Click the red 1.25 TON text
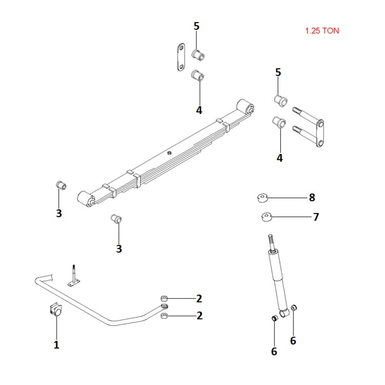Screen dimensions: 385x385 322,31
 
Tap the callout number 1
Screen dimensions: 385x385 57,345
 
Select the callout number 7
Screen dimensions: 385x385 316,217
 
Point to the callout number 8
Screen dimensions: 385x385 312,198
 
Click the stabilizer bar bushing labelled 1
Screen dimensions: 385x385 56,310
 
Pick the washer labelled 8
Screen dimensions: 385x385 263,198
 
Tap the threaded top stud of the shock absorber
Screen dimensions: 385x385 271,242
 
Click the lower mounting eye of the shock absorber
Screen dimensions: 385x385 285,313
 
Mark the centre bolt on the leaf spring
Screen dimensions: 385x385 169,153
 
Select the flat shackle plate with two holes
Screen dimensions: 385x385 180,57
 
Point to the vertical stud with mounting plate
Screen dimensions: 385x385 74,276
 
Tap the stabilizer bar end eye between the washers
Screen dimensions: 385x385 164,307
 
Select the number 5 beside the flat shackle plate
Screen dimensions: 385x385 197,26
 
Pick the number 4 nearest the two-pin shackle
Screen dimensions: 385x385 280,157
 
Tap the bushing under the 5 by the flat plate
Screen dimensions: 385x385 198,54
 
